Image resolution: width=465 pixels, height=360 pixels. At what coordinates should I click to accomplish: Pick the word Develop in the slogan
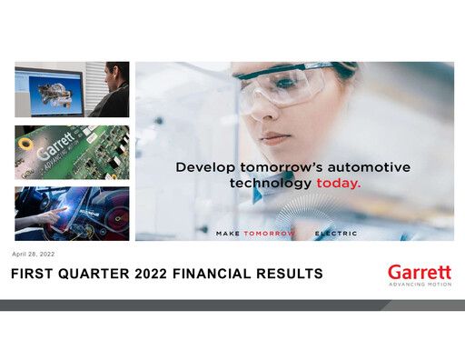(205, 167)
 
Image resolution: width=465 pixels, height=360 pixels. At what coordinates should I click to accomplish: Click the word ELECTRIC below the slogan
(336, 234)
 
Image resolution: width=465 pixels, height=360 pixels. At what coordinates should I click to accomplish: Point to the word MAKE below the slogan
(227, 234)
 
